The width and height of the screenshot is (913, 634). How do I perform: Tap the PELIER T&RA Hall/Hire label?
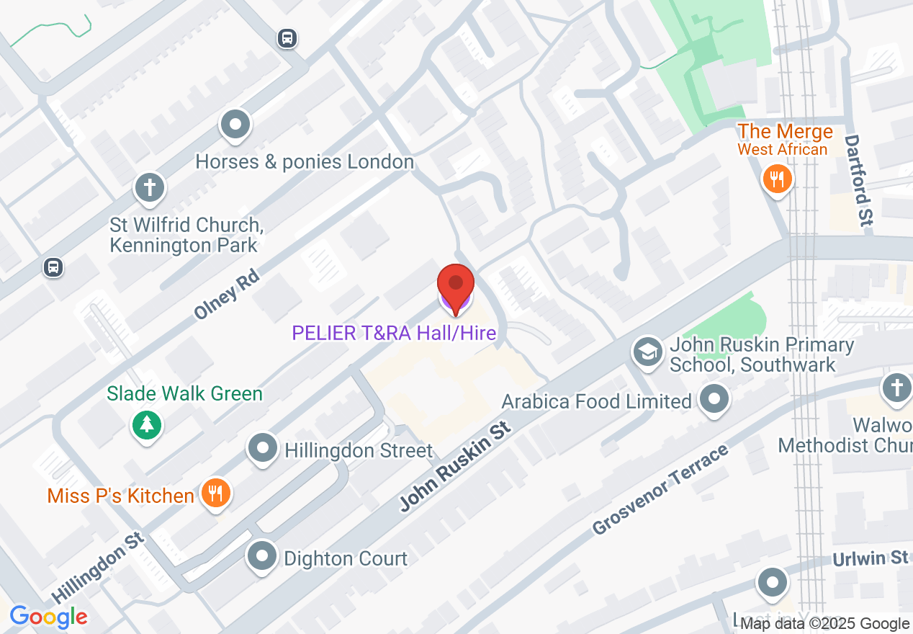(x=394, y=333)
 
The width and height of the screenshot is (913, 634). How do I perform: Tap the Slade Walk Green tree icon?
(x=147, y=424)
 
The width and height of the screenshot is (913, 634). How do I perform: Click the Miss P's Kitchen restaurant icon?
(x=215, y=494)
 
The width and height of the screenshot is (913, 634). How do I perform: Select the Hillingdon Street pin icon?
(x=263, y=449)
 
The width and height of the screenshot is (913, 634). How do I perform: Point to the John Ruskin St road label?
(x=455, y=467)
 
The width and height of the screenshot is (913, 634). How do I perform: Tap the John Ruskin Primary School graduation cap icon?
(x=648, y=352)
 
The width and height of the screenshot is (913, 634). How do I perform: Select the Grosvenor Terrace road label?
(x=661, y=489)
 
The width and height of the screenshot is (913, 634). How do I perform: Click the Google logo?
(x=48, y=617)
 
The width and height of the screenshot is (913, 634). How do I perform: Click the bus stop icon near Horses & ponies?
(x=287, y=38)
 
